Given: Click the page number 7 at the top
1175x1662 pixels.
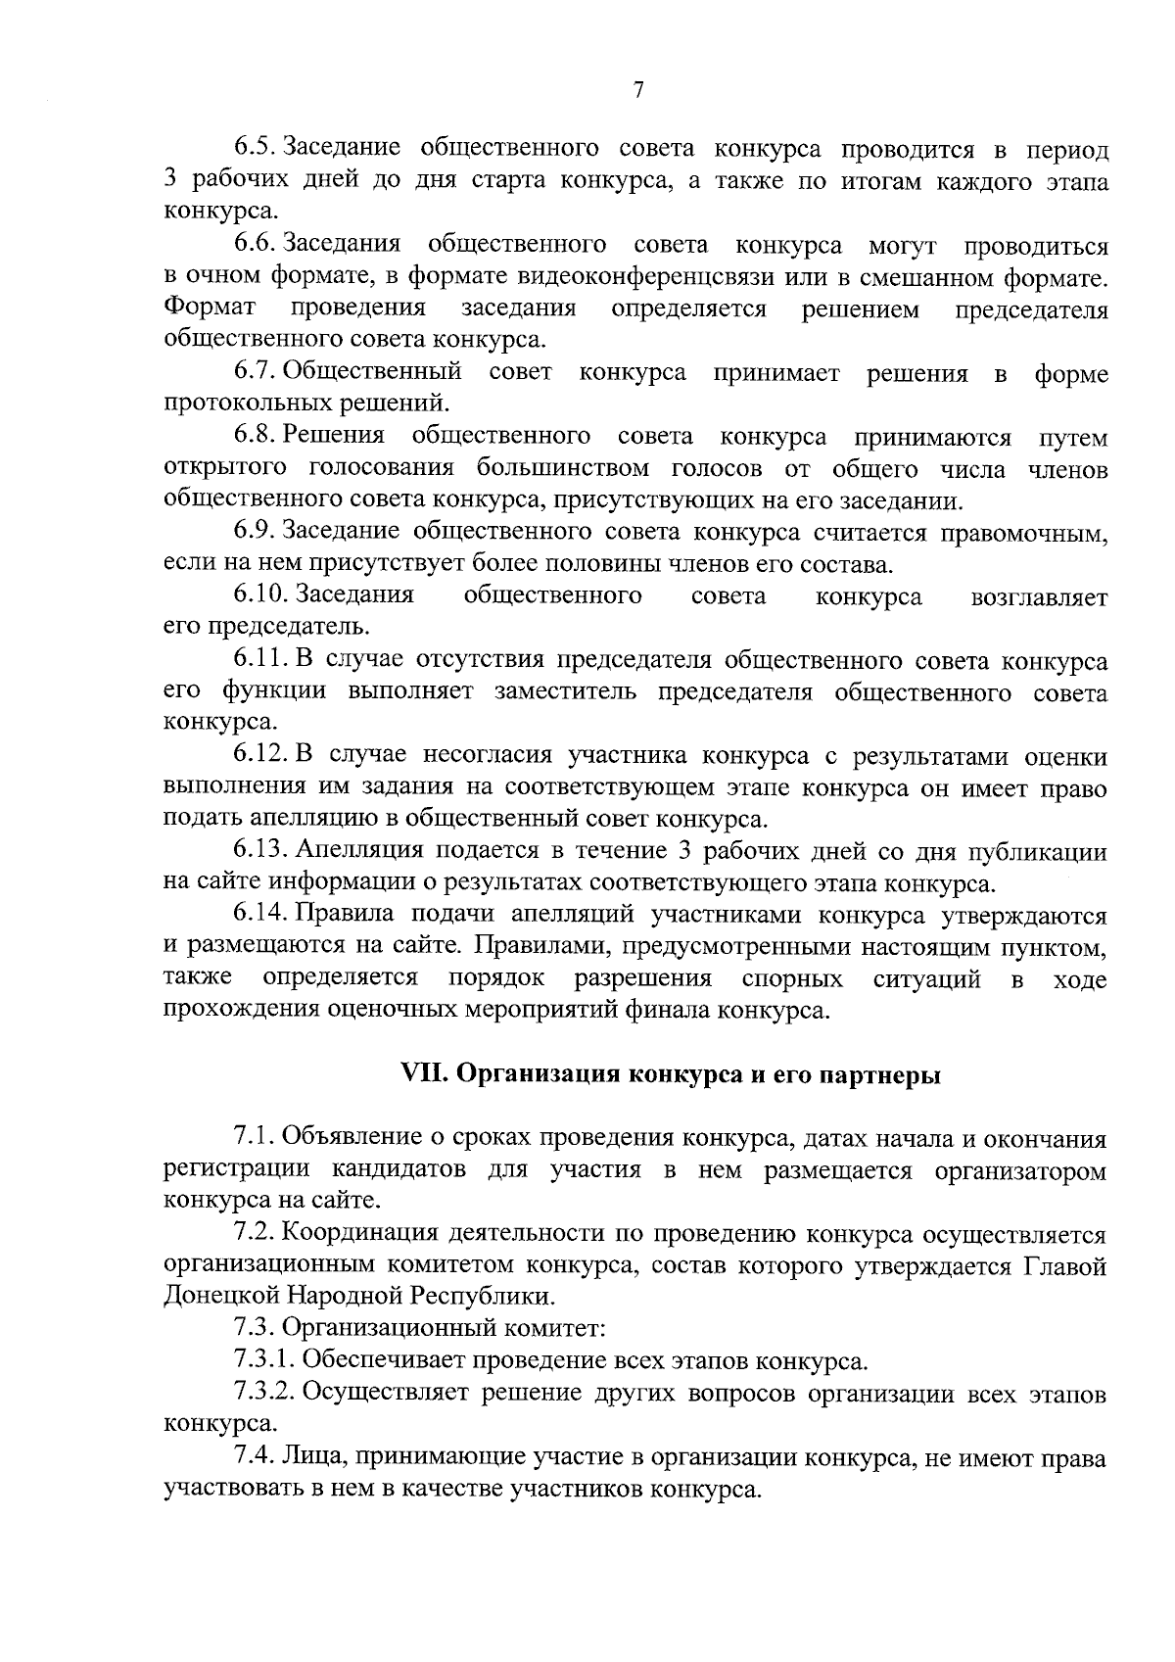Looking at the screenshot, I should [x=637, y=91].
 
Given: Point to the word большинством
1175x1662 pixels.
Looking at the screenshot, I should [x=563, y=469].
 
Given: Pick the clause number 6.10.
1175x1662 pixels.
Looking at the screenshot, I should [x=261, y=596].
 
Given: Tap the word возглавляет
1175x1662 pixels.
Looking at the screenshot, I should [x=1038, y=597].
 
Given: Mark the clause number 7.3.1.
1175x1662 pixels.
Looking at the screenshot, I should [x=265, y=1360].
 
